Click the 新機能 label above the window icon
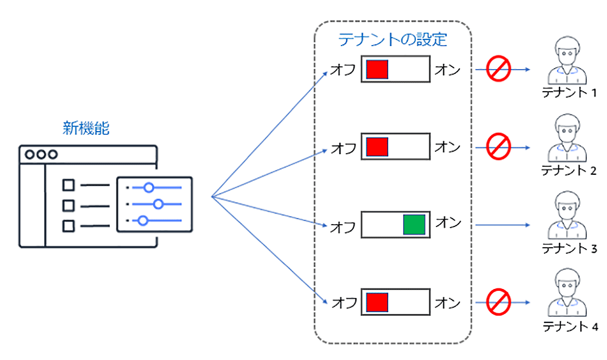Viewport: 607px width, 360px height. (x=87, y=128)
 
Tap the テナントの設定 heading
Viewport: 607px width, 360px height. (x=392, y=40)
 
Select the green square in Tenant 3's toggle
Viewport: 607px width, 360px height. (x=415, y=225)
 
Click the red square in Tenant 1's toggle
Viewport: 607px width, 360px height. (x=377, y=69)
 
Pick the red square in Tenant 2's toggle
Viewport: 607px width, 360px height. (x=377, y=147)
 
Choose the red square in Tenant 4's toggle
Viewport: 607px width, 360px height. (x=377, y=302)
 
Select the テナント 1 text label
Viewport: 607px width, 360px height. (x=569, y=93)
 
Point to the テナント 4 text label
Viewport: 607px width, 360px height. (x=569, y=327)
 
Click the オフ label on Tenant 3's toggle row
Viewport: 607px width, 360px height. (x=343, y=227)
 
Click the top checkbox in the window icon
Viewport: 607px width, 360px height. (x=69, y=184)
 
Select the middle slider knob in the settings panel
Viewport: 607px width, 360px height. (x=159, y=203)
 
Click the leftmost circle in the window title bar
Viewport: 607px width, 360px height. (x=29, y=154)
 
